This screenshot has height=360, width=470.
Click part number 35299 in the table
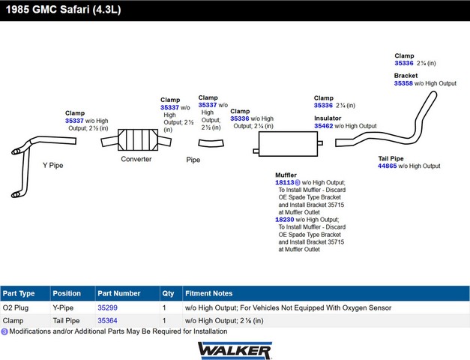108,307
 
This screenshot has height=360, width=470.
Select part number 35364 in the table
108,321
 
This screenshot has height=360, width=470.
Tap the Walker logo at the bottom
235,349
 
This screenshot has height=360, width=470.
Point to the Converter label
136,159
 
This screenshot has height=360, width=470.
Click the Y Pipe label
53,164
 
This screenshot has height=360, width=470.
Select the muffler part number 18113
284,182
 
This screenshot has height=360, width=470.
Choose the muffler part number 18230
284,220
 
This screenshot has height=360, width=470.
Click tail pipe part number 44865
391,166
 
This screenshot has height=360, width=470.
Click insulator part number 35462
323,126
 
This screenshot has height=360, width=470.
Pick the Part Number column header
118,293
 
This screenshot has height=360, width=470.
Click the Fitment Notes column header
208,293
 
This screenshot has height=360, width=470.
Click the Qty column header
168,293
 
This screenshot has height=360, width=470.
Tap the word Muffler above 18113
286,175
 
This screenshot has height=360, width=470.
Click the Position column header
67,293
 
